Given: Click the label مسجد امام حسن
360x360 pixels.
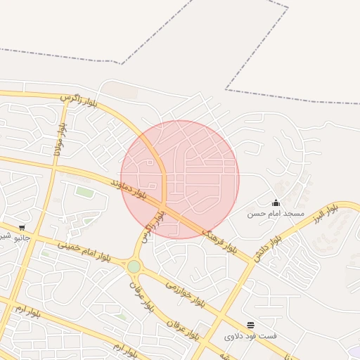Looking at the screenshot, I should pos(275,212).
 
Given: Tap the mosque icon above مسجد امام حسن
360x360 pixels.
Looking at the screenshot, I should pos(276,202).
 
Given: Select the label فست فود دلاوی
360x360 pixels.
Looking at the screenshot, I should pos(250,335).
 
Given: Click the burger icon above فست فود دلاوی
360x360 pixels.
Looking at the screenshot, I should pos(251,324).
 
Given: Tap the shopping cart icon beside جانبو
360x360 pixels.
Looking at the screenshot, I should pos(22,227).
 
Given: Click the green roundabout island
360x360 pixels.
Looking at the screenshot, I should pos(134,266).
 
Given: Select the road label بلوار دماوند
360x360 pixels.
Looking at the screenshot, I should pos(129,186).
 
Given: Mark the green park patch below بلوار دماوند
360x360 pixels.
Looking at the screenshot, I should pos(84,192).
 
